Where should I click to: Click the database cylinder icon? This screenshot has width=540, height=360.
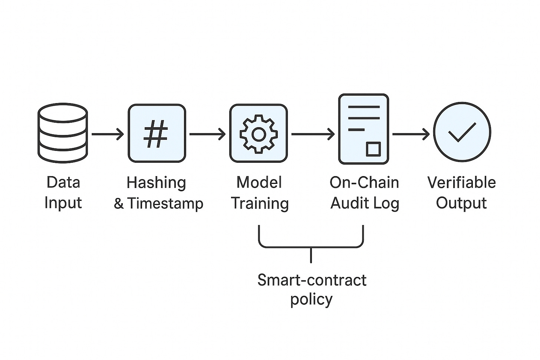pos(63,133)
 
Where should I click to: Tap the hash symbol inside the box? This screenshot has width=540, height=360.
pos(156,134)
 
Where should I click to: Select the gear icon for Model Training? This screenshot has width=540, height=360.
pos(259,134)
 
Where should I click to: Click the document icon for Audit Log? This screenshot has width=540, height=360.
pos(363,129)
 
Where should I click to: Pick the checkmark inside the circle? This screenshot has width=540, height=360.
pos(462,132)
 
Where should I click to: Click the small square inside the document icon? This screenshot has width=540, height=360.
pos(373,149)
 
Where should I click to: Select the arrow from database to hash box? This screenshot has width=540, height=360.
pos(108,134)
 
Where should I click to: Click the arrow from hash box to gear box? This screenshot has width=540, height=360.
pos(207,134)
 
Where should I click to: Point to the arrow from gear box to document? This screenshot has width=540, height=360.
pos(313,134)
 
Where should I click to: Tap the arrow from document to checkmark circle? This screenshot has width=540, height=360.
pos(411,134)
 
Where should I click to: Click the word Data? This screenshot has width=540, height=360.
pos(63,182)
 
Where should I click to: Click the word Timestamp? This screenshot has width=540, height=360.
pos(165,204)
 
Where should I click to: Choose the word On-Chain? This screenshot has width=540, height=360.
pos(364,183)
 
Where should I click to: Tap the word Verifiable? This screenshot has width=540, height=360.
pos(461,182)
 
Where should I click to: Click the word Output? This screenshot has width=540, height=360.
pos(461,203)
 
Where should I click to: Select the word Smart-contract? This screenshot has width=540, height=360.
pos(312,280)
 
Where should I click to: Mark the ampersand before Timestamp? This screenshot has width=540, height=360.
pos(119,204)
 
